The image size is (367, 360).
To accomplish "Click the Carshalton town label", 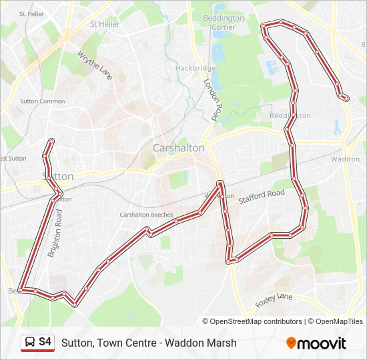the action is (x=178, y=148).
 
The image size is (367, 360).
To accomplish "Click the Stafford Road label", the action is (x=262, y=195).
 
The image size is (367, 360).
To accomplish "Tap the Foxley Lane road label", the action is (x=274, y=301).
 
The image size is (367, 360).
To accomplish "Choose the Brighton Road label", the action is (x=55, y=233).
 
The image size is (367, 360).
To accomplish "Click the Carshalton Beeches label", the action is (x=146, y=215).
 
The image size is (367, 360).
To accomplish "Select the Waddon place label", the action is (x=345, y=159).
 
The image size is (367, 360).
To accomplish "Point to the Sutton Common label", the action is (x=43, y=101).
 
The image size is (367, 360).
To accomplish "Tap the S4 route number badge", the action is (x=45, y=343).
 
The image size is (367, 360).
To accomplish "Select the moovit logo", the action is (x=316, y=343).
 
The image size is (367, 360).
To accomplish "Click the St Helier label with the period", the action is (x=31, y=13).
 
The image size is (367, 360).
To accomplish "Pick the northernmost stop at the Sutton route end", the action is (x=51, y=141).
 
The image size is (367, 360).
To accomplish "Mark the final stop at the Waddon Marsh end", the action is (x=346, y=98).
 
